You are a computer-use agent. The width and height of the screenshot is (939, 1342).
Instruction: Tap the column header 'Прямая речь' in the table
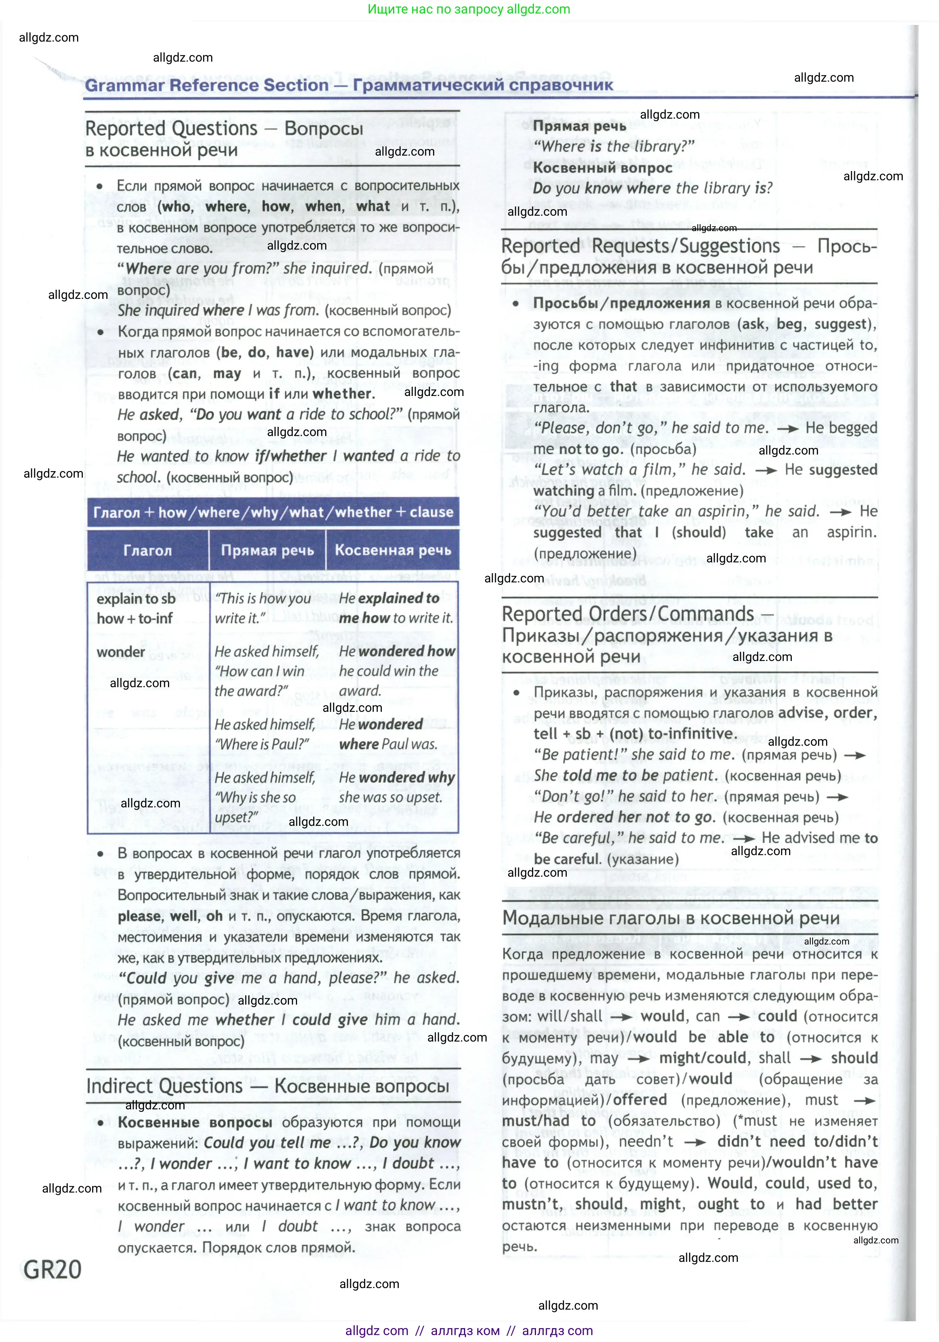coord(267,550)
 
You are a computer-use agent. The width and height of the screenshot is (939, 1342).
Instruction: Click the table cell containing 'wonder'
coord(121,652)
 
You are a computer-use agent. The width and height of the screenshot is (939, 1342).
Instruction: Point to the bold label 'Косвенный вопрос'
coord(602,168)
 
